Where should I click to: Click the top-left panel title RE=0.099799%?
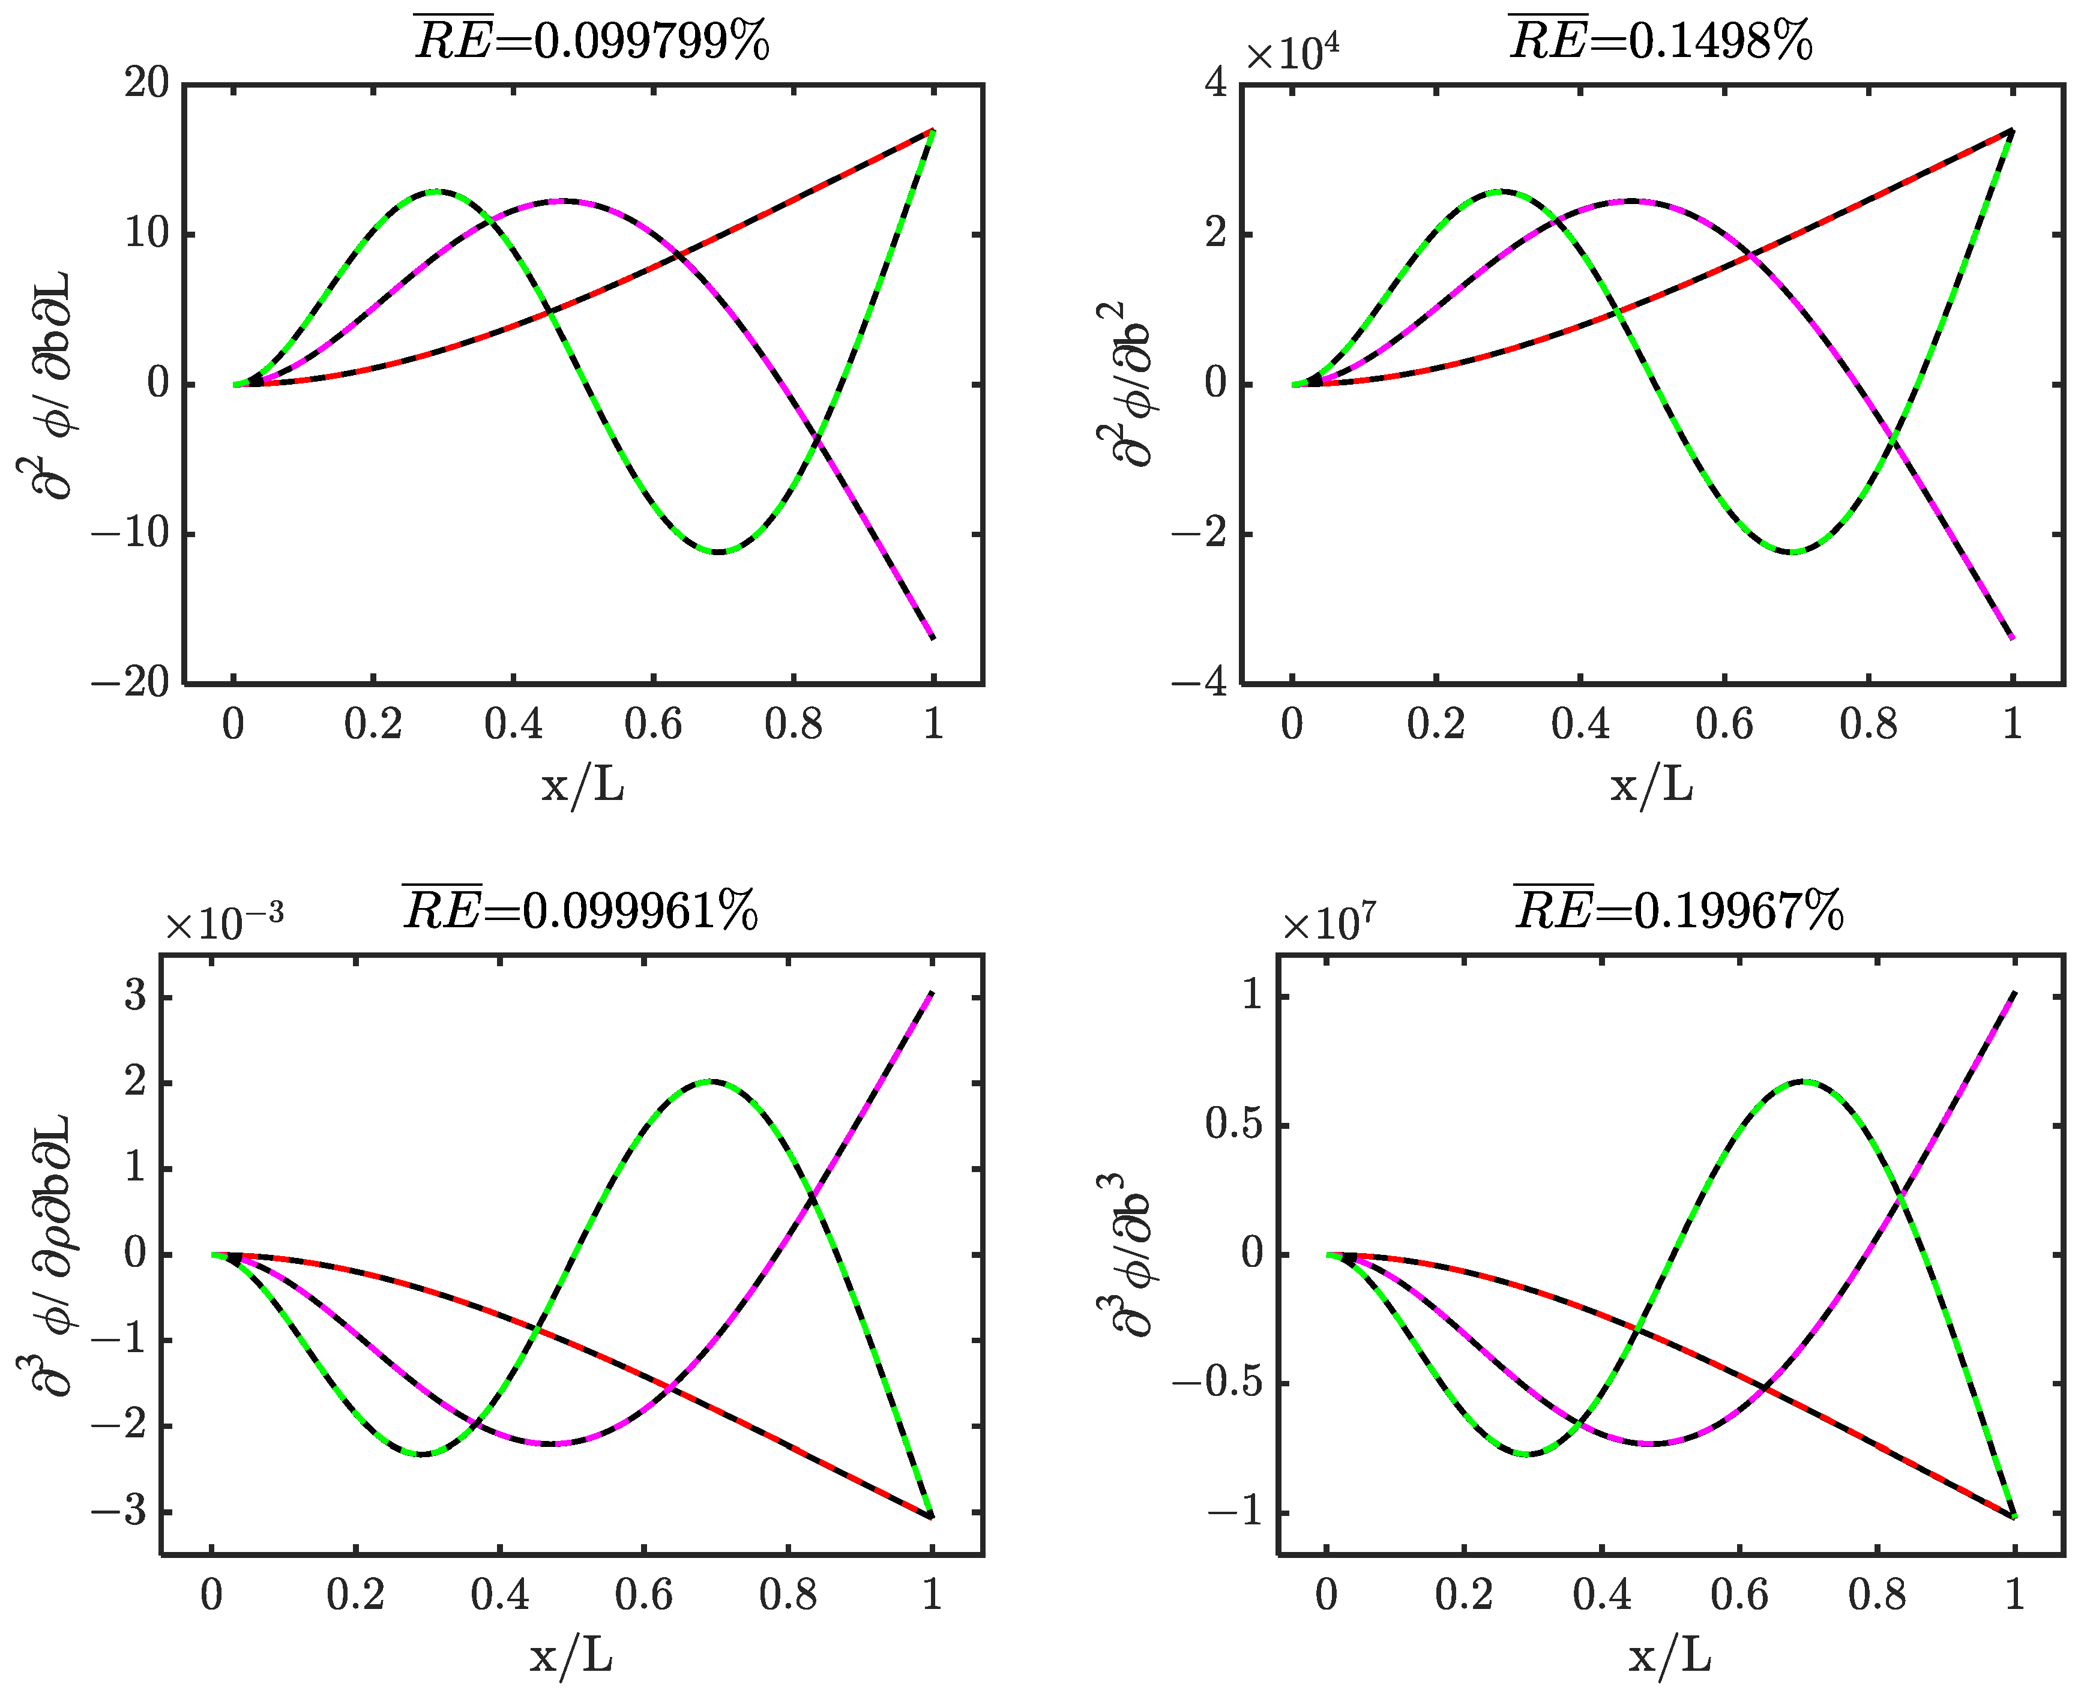click(x=592, y=41)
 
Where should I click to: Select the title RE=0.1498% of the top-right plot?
click(x=1660, y=41)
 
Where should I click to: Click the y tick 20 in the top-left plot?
click(x=146, y=84)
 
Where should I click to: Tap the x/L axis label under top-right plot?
click(x=1651, y=784)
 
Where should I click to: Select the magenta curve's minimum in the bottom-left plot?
click(x=553, y=1443)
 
